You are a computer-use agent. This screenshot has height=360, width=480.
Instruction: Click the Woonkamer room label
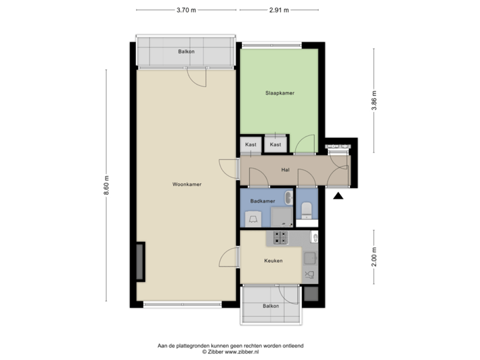tap(187, 184)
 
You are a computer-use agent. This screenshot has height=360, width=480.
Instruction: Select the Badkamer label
tap(263, 201)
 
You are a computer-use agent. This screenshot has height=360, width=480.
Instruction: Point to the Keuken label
tap(274, 261)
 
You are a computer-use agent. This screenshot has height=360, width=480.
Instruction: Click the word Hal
tap(285, 169)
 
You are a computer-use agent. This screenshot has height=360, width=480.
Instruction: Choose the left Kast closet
tap(251, 145)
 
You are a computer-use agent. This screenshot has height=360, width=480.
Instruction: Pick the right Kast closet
tap(275, 145)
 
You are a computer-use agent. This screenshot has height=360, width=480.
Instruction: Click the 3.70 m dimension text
tap(186, 10)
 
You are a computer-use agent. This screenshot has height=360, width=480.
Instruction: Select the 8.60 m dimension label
tap(106, 185)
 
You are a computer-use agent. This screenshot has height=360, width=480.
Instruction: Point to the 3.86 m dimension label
tap(374, 101)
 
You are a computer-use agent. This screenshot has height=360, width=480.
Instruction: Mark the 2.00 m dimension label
tap(374, 257)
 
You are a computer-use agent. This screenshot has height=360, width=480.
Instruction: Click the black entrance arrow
tap(338, 196)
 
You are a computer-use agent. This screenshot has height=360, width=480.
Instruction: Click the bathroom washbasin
tap(287, 197)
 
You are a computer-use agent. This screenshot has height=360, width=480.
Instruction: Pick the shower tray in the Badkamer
tap(282, 217)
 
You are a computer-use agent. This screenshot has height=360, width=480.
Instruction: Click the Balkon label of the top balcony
tap(186, 51)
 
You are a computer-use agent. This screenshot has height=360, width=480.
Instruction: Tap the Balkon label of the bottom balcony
tap(271, 306)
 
